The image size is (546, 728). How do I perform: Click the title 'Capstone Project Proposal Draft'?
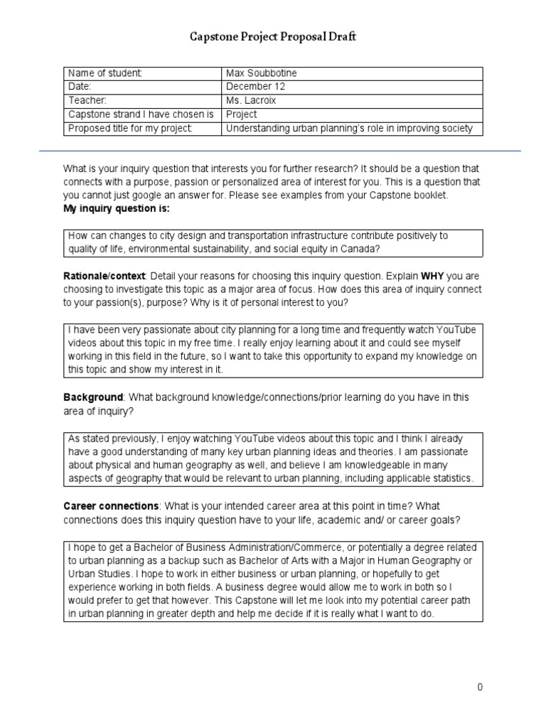(273, 36)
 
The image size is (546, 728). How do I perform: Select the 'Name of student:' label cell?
(105, 73)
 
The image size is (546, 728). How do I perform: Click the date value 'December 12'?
(255, 86)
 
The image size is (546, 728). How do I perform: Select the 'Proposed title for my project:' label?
(129, 128)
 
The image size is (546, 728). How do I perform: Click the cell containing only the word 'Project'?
(241, 114)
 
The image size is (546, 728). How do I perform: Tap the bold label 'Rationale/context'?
(105, 276)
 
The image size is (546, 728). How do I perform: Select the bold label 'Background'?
(94, 397)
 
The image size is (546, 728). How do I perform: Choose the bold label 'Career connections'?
(111, 505)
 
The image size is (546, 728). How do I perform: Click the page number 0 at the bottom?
(480, 687)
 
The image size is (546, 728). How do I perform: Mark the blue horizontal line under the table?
(273, 151)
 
